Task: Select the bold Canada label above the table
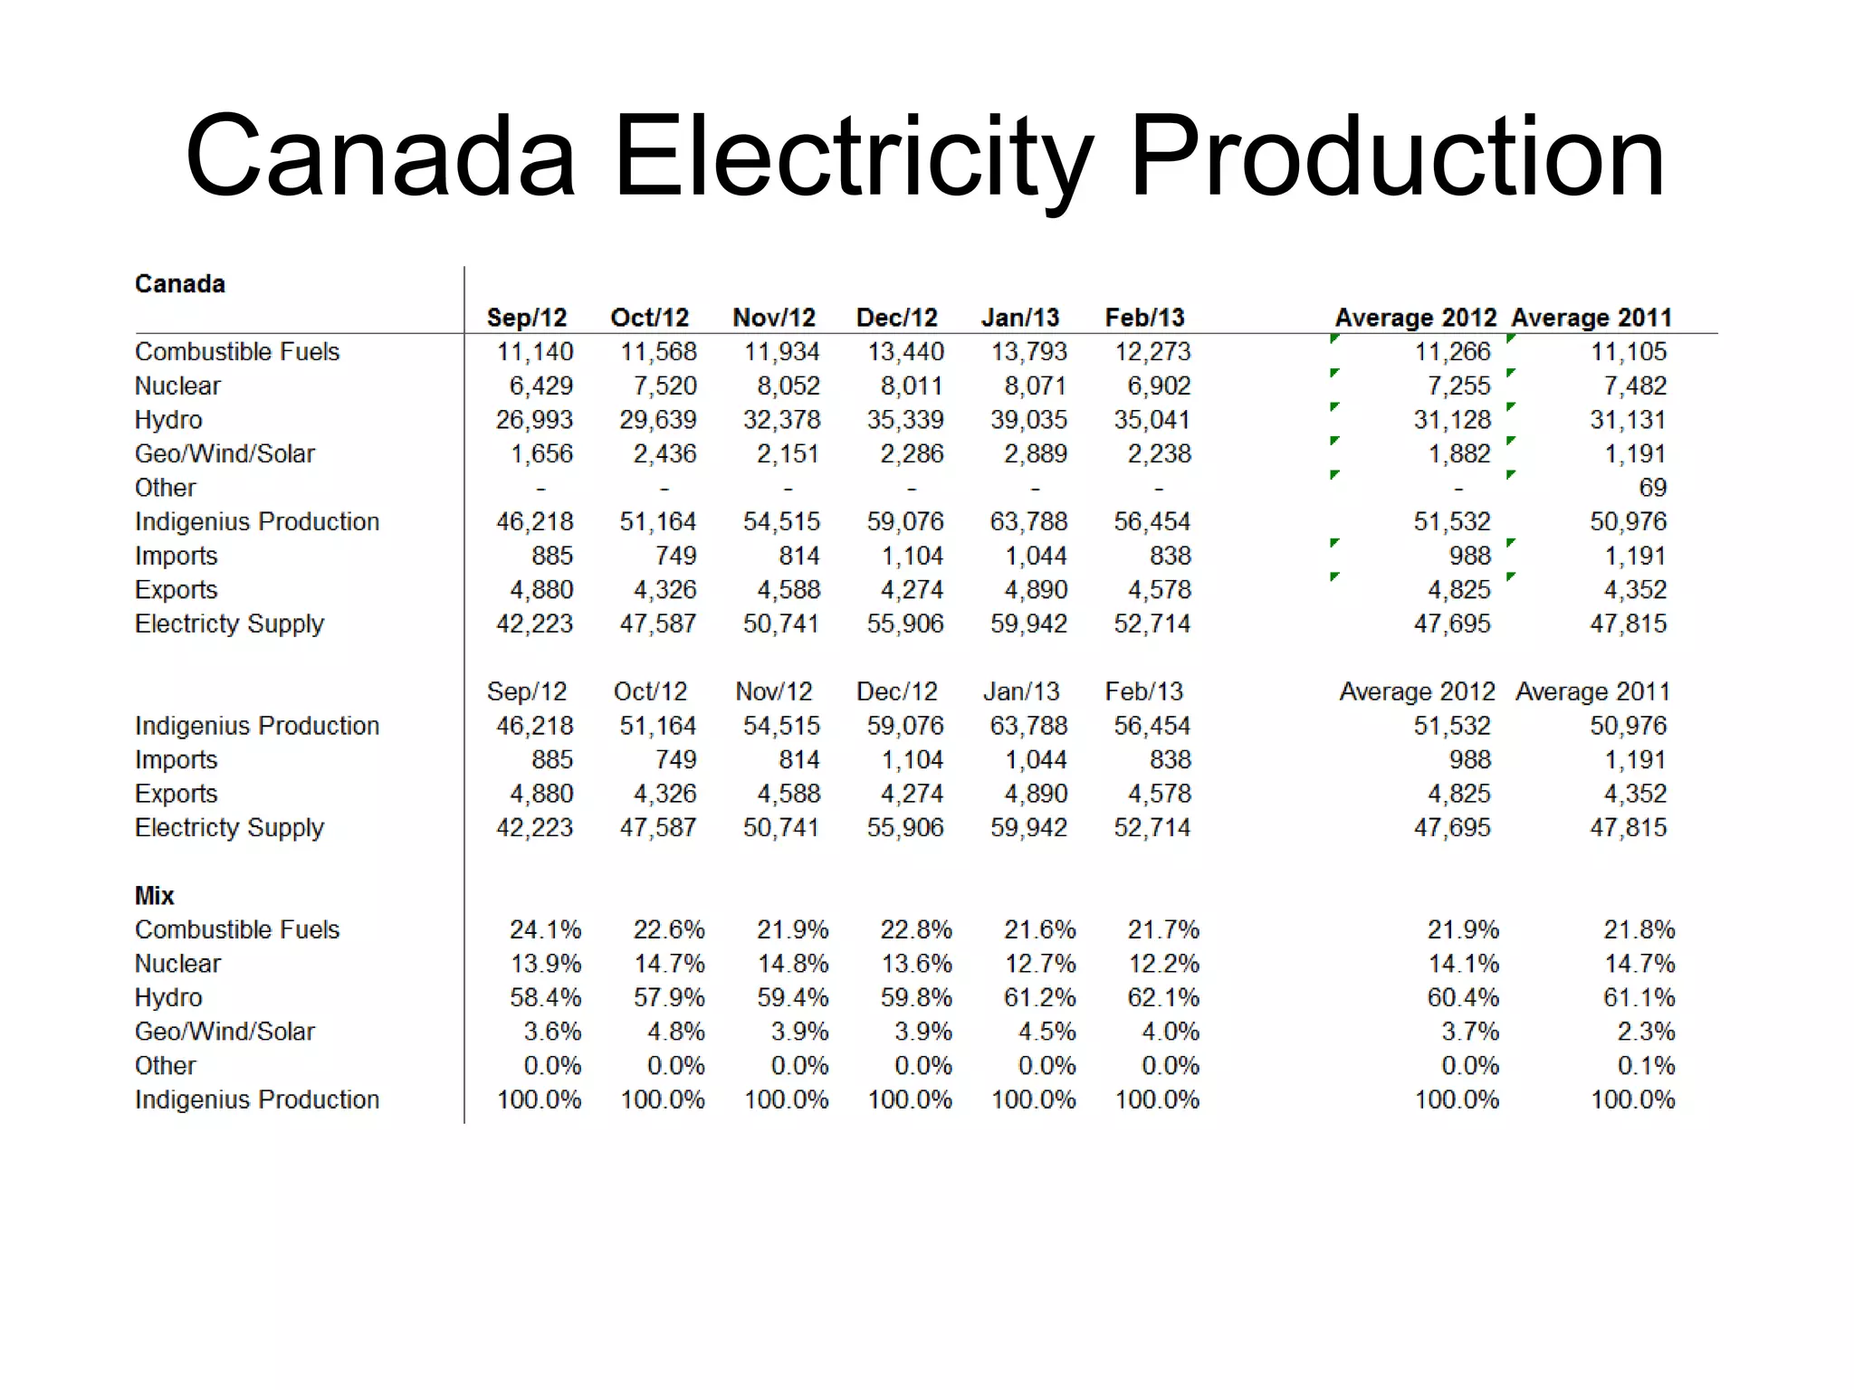[180, 284]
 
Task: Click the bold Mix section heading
[154, 896]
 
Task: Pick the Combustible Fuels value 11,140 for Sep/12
[535, 352]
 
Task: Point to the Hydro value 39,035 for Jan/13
[1029, 420]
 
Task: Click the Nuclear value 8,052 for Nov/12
[788, 386]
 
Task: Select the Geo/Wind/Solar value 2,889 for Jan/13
[1036, 454]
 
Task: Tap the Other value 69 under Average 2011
[1652, 488]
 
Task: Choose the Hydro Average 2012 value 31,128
[1452, 420]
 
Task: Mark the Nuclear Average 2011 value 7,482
[1635, 386]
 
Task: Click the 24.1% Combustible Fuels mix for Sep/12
[545, 930]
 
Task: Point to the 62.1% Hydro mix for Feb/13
[1163, 998]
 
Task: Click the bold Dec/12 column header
[897, 318]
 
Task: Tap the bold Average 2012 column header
[1416, 318]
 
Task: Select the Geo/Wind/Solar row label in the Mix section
[225, 1032]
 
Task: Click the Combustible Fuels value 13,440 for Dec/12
[905, 352]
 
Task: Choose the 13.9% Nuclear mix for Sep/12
[545, 964]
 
